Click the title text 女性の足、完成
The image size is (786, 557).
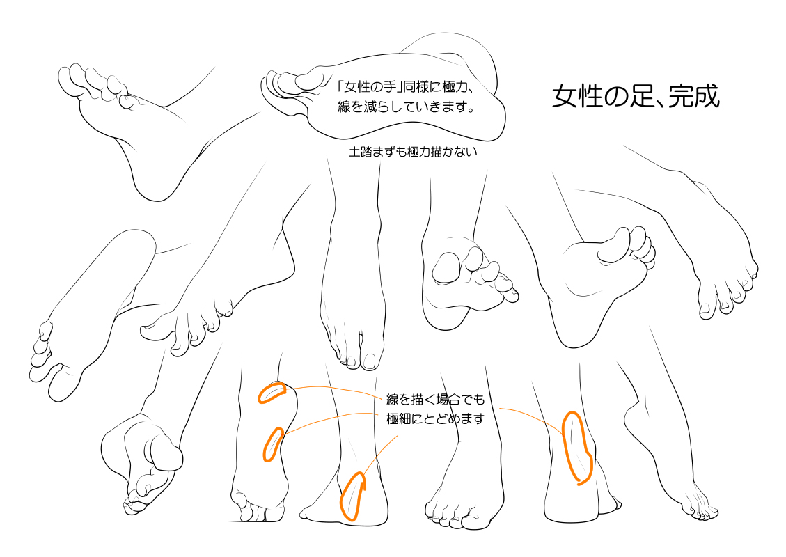(636, 96)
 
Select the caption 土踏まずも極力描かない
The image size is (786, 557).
(413, 151)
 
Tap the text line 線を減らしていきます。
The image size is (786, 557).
(406, 107)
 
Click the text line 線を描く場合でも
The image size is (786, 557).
(436, 399)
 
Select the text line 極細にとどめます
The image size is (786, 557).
(436, 418)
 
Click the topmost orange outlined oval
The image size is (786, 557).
(272, 393)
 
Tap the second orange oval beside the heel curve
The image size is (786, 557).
(273, 444)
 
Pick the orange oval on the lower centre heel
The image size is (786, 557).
(352, 495)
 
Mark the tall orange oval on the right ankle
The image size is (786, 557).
(577, 448)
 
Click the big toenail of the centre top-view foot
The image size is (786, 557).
(370, 361)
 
